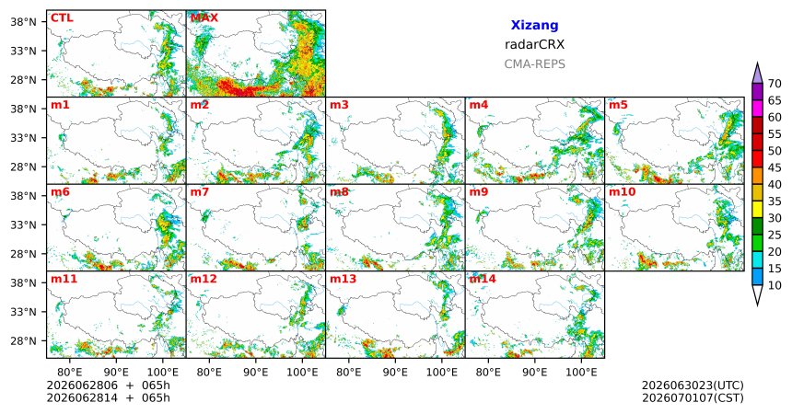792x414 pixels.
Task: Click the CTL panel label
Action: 62,18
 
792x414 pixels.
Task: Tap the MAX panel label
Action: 204,18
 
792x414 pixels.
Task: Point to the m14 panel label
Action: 483,279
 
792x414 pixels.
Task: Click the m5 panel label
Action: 618,105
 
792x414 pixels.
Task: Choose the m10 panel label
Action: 622,192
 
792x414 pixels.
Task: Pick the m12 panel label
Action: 204,279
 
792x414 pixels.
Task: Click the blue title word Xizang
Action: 534,25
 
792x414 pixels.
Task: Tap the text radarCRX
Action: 534,44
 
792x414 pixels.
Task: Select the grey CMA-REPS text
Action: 534,64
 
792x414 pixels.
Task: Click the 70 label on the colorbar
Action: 775,84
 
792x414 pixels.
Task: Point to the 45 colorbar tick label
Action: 775,167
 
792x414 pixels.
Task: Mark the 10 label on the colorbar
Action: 775,285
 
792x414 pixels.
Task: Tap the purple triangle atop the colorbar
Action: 757,73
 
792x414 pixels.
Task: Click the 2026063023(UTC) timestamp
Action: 693,385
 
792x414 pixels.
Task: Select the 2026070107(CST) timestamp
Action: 693,397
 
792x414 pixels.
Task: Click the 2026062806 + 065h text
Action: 108,385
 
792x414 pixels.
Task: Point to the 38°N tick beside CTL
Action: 24,22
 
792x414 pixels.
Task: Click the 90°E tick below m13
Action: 395,373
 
